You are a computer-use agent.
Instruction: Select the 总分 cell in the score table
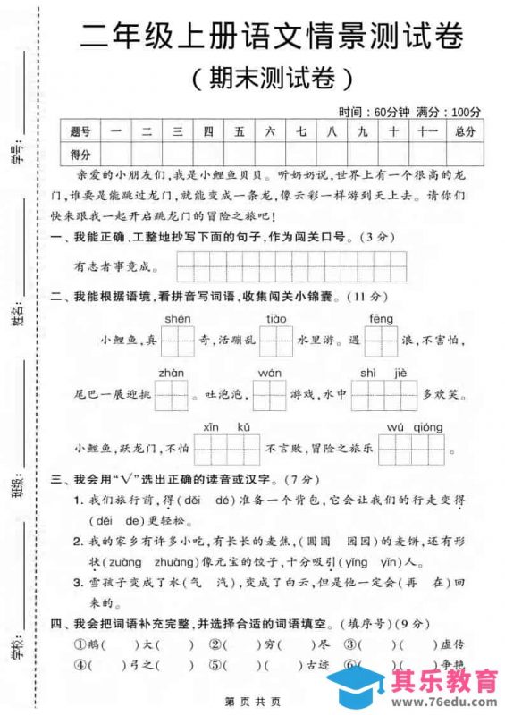[466, 131]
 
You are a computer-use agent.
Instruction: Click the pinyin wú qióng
[408, 426]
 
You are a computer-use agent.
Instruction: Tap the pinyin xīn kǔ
[226, 426]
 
